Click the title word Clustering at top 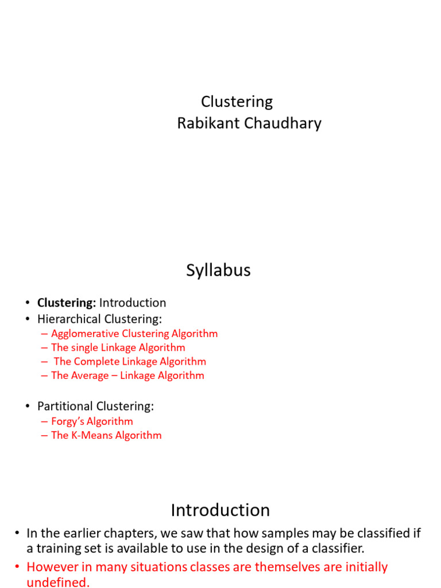point(237,102)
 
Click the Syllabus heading point(218,270)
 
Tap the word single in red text point(86,347)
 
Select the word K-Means point(92,435)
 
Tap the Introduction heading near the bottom point(220,510)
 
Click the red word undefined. point(57,582)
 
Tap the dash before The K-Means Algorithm point(45,435)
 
